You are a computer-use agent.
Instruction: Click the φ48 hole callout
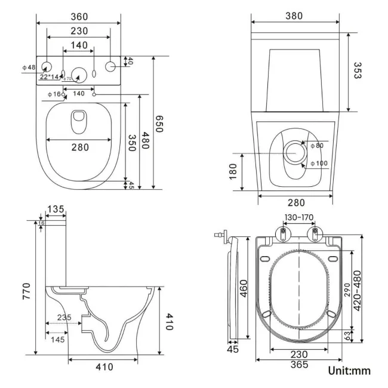[x=29, y=67]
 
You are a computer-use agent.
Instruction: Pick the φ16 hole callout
[x=54, y=94]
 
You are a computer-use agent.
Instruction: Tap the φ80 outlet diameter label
[x=316, y=145]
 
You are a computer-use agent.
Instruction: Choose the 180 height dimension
[x=233, y=171]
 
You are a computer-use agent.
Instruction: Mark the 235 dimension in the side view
[x=64, y=317]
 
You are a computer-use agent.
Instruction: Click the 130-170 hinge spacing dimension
[x=298, y=217]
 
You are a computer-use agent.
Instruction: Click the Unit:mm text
[x=349, y=371]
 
